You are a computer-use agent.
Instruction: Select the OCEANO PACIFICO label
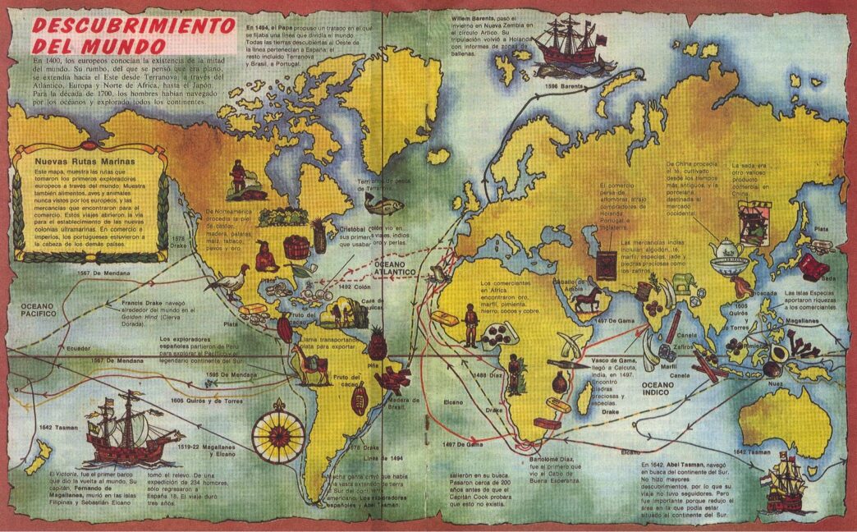coord(34,310)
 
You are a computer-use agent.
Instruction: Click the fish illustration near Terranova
coord(391,204)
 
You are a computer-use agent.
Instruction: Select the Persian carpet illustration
coord(608,265)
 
